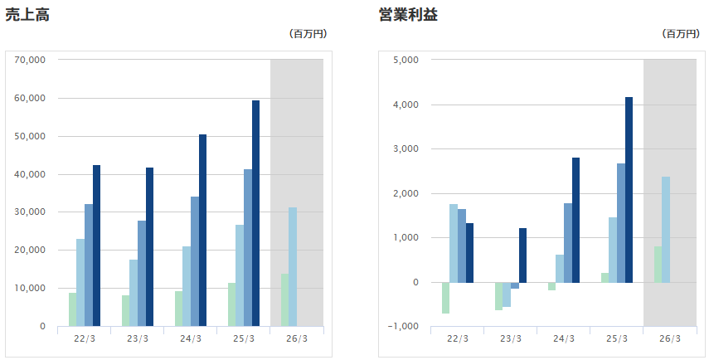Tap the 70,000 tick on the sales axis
[30, 60]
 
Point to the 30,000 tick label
[30, 212]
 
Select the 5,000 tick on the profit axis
[406, 60]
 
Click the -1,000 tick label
[404, 326]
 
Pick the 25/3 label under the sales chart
[244, 338]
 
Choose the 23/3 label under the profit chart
[511, 338]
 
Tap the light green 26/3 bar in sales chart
[284, 299]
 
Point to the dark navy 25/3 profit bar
[629, 190]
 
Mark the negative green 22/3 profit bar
[445, 298]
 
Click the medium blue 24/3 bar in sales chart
[195, 261]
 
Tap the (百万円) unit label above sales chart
[308, 34]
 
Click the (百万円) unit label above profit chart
[681, 34]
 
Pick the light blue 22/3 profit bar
[454, 243]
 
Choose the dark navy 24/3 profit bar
[575, 220]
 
